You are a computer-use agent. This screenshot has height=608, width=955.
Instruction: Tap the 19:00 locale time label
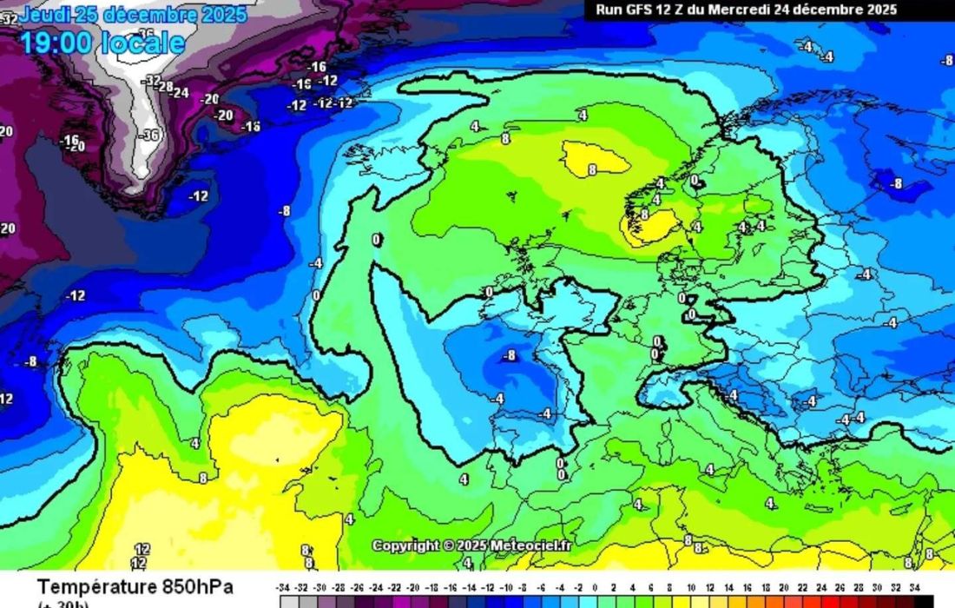click(x=102, y=43)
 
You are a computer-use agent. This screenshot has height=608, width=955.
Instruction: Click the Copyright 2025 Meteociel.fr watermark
click(x=472, y=545)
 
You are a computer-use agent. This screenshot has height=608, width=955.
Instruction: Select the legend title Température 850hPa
click(x=135, y=587)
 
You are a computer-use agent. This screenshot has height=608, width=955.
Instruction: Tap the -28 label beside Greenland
click(x=164, y=87)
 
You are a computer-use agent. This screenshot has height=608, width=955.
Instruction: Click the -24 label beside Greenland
click(x=181, y=92)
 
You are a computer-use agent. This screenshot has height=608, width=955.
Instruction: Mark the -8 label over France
click(x=509, y=355)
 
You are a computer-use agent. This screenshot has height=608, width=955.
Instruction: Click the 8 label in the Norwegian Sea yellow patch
click(x=592, y=170)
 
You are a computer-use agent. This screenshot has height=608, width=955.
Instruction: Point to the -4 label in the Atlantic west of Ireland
click(x=316, y=262)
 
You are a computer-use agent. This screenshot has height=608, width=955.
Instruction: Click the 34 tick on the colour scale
click(x=915, y=588)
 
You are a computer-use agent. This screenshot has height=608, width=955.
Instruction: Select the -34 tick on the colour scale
click(x=282, y=588)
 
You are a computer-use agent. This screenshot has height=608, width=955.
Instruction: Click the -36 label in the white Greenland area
click(x=150, y=135)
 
